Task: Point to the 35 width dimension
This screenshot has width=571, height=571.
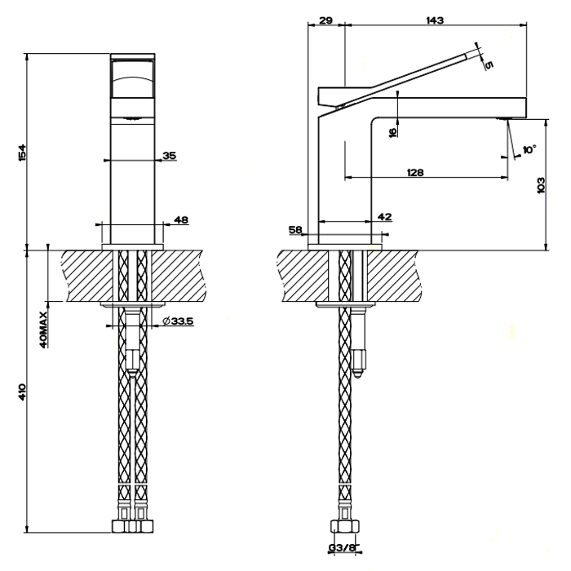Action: coord(169,154)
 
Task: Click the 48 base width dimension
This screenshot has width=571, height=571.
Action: coord(181,219)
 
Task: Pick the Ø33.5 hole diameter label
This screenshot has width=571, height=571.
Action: coord(178,321)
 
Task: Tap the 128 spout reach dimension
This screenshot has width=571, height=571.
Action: coord(416,171)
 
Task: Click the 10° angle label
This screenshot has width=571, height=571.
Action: coord(529,150)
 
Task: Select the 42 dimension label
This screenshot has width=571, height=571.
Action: coord(385,216)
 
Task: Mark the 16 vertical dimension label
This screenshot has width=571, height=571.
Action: coord(392,131)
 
